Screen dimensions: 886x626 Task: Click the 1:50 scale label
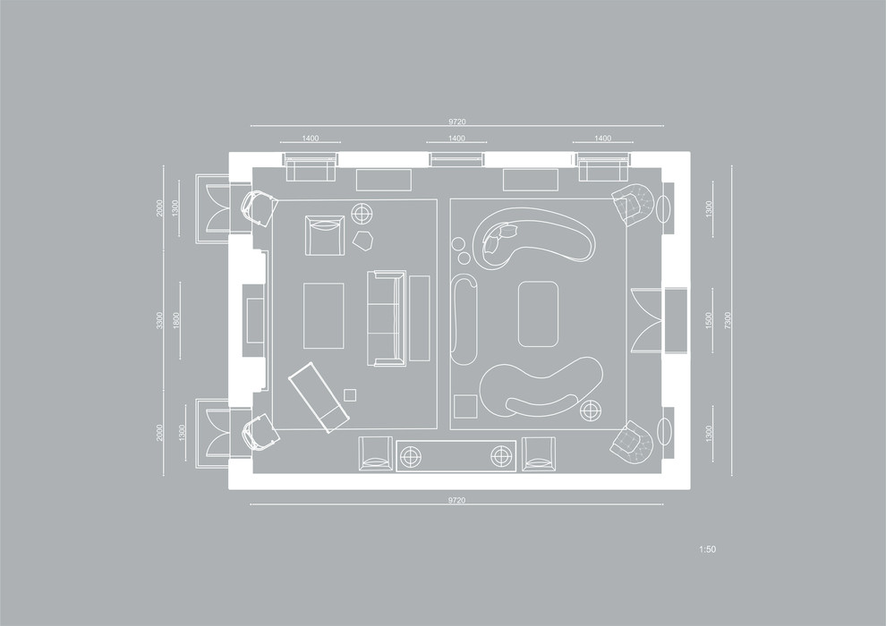coord(707,549)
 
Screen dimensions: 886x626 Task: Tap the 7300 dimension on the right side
coord(728,321)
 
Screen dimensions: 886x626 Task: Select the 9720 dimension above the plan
coord(457,122)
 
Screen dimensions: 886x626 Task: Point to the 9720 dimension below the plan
coord(457,500)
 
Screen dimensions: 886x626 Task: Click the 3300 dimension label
coord(160,321)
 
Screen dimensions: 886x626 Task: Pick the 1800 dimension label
coord(176,321)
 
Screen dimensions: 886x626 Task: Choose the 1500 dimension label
coord(709,321)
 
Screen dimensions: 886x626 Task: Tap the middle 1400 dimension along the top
coord(456,139)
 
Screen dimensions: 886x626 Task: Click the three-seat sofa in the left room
coord(387,318)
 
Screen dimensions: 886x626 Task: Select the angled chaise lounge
coord(319,398)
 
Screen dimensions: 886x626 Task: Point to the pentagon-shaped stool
coord(362,241)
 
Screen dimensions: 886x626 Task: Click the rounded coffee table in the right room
coord(539,314)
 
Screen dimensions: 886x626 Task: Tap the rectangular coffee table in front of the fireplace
coord(324,316)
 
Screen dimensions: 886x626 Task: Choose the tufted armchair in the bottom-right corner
coord(632,439)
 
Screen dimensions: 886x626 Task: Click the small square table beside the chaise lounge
coord(350,395)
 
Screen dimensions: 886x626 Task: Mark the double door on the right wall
coord(646,320)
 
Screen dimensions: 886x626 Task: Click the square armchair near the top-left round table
coord(325,235)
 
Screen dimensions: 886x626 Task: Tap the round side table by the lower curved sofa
coord(591,410)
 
